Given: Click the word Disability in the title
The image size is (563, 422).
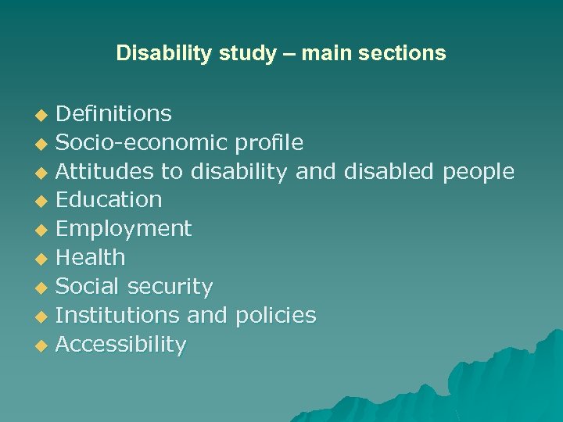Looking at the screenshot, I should point(153,54).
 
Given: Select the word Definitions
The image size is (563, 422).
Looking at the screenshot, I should point(114,114).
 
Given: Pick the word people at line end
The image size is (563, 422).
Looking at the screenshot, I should point(479,171).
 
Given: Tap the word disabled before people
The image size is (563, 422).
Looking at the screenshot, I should point(389,171).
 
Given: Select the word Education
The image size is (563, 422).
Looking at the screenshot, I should point(109,200).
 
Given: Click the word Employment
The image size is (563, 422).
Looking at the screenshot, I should point(124,229).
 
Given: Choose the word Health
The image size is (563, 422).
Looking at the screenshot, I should point(91,257).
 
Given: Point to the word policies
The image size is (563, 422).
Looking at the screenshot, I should point(273,316).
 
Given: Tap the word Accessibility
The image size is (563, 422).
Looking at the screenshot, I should point(121,345).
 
